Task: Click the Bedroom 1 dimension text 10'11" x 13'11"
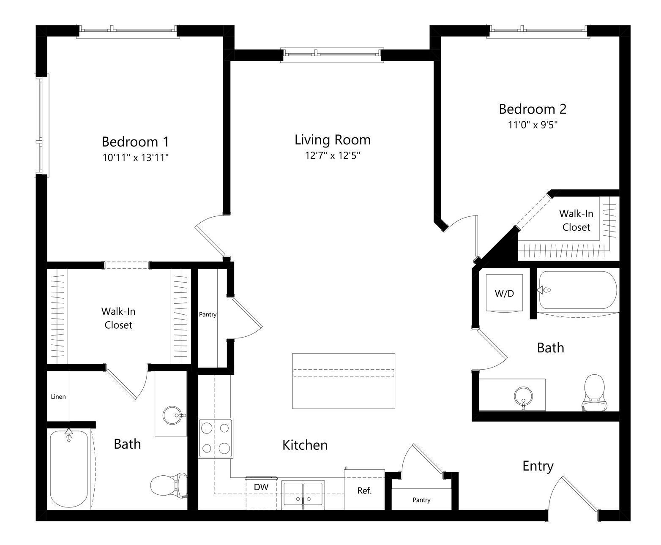click(135, 158)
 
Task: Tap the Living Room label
click(332, 140)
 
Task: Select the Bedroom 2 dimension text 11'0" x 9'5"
click(533, 125)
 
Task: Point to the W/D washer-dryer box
click(504, 293)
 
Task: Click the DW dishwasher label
click(261, 487)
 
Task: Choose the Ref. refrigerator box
click(364, 490)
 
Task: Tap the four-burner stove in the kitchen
click(216, 438)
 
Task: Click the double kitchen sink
click(303, 495)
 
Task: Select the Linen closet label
click(58, 397)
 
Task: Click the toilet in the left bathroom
click(169, 485)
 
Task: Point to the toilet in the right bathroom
click(595, 393)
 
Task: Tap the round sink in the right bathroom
click(523, 397)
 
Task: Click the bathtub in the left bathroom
click(69, 469)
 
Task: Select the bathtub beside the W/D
click(578, 290)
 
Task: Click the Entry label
click(538, 466)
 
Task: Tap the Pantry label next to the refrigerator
click(421, 500)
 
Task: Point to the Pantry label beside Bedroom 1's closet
click(208, 314)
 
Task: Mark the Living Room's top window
click(332, 55)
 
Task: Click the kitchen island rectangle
click(344, 381)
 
